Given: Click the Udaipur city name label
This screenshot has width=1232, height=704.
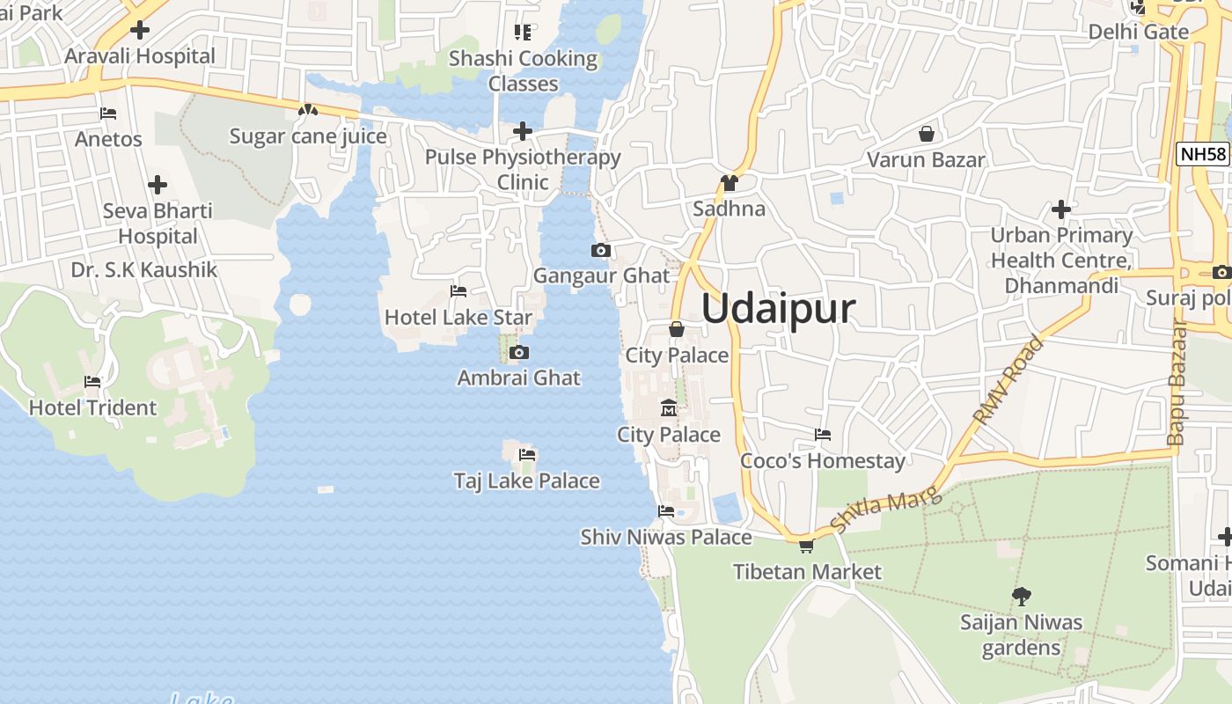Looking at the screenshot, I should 778,309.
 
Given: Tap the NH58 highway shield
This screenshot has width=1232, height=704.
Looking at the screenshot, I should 1202,154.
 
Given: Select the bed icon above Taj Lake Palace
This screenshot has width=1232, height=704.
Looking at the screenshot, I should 527,455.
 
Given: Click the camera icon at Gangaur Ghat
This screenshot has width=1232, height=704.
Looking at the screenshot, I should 601,251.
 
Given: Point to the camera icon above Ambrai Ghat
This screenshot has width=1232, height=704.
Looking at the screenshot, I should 519,353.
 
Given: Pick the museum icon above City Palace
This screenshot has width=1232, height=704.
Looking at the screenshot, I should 668,408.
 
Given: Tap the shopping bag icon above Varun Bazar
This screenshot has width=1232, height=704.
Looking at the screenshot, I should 926,135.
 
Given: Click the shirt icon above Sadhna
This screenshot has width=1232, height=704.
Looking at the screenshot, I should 729,183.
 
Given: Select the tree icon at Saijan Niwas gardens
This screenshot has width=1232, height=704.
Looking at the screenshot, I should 1021,597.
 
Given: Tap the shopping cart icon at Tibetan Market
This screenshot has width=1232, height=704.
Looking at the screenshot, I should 806,546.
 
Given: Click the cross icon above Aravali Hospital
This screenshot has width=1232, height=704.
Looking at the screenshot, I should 139,30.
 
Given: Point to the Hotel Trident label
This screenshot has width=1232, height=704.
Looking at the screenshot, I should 92,407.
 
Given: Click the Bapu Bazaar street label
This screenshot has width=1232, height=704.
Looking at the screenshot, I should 1177,383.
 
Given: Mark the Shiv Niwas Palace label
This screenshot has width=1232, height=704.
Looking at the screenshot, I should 666,537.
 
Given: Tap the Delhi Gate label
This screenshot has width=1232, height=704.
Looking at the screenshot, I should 1138,32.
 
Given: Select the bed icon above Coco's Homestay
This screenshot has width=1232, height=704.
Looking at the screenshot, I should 823,435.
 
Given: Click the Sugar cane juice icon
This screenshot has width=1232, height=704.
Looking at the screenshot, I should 307,111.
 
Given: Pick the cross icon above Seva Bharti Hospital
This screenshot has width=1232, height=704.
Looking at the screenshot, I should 158,185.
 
